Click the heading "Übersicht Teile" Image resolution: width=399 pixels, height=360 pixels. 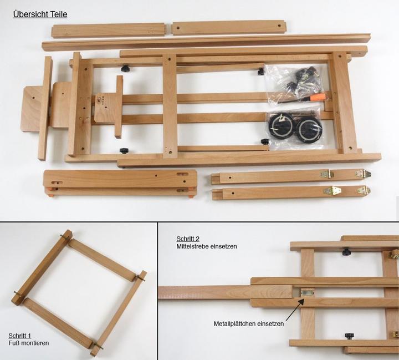pos(40,14)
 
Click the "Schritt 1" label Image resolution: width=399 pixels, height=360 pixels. pos(19,336)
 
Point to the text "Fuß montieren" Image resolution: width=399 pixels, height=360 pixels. pos(28,343)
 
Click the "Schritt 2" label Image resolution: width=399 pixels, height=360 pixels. pos(188,239)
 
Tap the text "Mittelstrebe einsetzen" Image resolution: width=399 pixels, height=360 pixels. pos(207,246)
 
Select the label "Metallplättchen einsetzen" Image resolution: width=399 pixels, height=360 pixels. pos(249,324)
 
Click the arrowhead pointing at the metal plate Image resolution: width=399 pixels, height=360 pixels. pos(301,301)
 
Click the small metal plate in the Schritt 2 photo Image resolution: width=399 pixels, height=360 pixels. pos(307,292)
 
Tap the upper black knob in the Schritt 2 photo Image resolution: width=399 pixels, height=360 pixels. pos(346,252)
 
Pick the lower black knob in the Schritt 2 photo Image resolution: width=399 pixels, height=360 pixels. pos(349,336)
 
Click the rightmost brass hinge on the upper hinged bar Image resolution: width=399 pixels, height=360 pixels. pos(363,174)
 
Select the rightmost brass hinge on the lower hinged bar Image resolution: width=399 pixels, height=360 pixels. pos(364,190)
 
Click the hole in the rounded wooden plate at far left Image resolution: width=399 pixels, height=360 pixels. pos(33,98)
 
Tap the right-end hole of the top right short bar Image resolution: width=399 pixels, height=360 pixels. pos(279,26)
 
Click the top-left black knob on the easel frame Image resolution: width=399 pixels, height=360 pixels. pos(125,68)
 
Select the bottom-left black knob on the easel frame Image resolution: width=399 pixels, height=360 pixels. pos(124,151)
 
